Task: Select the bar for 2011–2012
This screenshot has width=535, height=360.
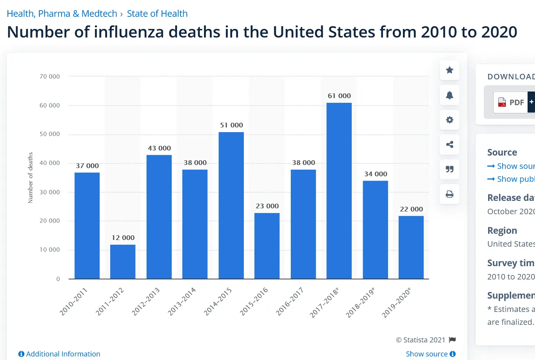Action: pyautogui.click(x=123, y=261)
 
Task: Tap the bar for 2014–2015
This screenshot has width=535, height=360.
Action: pyautogui.click(x=231, y=205)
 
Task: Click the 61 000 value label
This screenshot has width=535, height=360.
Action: pyautogui.click(x=339, y=96)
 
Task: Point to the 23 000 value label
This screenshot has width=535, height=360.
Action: pyautogui.click(x=267, y=206)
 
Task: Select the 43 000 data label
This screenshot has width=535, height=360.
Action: pyautogui.click(x=159, y=148)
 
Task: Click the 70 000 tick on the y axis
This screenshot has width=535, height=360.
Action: pyautogui.click(x=50, y=77)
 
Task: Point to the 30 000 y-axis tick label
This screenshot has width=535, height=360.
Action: pyautogui.click(x=50, y=192)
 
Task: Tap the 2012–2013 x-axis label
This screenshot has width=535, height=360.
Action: pyautogui.click(x=146, y=301)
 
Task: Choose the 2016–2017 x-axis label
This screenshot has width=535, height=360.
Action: pyautogui.click(x=290, y=301)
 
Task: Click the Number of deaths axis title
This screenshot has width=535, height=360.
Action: pyautogui.click(x=30, y=178)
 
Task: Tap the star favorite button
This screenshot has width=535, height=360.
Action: pyautogui.click(x=449, y=70)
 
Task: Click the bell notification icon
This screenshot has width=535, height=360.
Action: pyautogui.click(x=449, y=95)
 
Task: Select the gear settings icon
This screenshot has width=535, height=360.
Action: pyautogui.click(x=449, y=120)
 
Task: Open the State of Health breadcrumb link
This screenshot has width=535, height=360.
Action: pyautogui.click(x=157, y=14)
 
